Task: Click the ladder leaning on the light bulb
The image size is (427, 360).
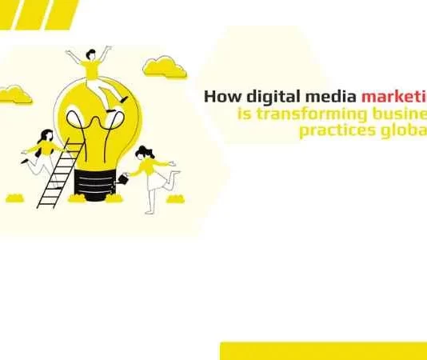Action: point(59,172)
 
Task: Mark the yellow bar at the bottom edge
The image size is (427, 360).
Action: point(323,350)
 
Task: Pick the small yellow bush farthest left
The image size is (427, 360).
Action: point(14,197)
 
